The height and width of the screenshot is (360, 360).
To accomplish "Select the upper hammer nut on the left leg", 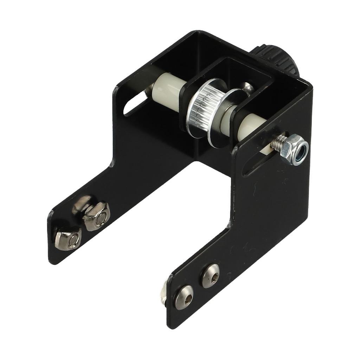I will [96, 216].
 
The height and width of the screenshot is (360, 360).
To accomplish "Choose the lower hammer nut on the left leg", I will [68, 239].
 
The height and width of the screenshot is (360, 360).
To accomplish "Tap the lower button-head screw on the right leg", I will [184, 297].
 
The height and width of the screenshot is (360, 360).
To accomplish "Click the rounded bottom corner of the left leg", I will [53, 258].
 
